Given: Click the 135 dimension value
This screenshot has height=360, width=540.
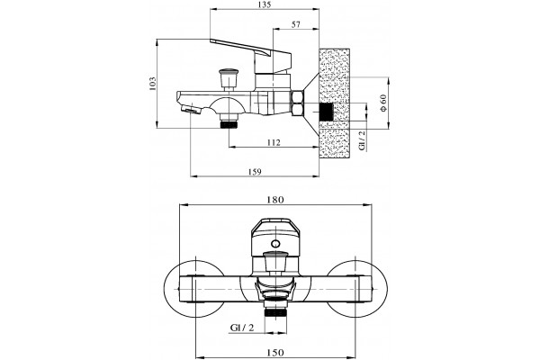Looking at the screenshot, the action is pyautogui.click(x=264, y=4).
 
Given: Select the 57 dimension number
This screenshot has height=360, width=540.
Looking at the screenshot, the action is pyautogui.click(x=296, y=24).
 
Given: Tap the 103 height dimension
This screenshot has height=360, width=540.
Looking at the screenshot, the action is pyautogui.click(x=152, y=84).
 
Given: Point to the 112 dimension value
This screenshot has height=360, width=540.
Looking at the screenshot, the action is pyautogui.click(x=274, y=142).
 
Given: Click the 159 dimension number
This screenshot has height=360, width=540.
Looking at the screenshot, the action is pyautogui.click(x=255, y=172).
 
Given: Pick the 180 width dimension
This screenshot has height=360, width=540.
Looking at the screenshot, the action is pyautogui.click(x=275, y=200).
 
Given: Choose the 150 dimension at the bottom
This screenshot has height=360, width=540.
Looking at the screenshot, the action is pyautogui.click(x=275, y=353).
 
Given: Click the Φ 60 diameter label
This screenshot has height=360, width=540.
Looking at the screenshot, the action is pyautogui.click(x=383, y=103).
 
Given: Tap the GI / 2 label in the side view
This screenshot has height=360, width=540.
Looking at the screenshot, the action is pyautogui.click(x=362, y=140).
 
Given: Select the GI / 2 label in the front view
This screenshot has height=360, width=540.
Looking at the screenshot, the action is pyautogui.click(x=242, y=328).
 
